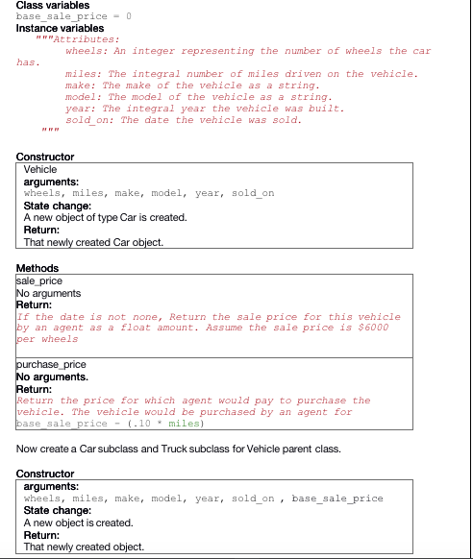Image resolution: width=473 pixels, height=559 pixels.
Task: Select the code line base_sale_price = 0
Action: [x=74, y=16]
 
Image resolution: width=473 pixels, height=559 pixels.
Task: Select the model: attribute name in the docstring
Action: [x=84, y=97]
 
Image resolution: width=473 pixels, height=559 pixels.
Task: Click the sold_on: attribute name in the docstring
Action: [x=89, y=120]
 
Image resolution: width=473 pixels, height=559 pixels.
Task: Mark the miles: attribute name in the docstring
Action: [x=84, y=74]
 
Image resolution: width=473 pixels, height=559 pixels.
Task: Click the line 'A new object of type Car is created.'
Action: [x=105, y=217]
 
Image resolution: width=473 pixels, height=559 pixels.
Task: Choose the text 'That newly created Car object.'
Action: [x=93, y=242]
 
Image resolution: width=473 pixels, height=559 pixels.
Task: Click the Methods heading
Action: [x=37, y=268]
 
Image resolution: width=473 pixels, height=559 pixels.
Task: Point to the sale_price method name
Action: [x=39, y=280]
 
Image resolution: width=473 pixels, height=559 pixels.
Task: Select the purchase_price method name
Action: [x=51, y=365]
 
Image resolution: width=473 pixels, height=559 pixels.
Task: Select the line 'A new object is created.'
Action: [x=78, y=523]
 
